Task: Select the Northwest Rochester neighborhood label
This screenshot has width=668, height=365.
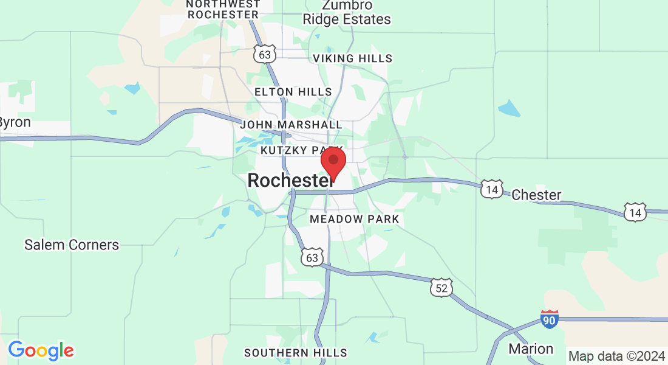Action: point(223,9)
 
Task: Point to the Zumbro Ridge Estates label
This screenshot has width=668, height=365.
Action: point(347,12)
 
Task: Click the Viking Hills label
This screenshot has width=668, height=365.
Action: point(352,58)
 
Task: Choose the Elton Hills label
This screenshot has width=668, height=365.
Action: point(293,92)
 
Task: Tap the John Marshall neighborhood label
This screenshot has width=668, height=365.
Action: point(291,125)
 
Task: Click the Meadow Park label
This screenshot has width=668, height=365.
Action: point(355,218)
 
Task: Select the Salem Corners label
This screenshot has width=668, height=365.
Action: point(72,245)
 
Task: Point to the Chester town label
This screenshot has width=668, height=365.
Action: point(536,195)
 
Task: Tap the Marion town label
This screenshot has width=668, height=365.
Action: point(531,349)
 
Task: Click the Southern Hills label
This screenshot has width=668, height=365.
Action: point(296,353)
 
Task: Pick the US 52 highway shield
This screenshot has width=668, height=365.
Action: point(441,288)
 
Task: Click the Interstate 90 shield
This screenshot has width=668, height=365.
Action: point(550,319)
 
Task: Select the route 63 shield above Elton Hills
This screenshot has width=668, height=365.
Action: point(265,54)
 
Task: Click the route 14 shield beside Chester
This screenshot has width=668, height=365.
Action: point(491,189)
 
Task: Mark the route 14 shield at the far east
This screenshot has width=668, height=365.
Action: point(635,212)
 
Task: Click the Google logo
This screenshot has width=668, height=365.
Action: point(41,350)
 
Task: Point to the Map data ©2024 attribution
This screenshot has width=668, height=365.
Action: point(616,356)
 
